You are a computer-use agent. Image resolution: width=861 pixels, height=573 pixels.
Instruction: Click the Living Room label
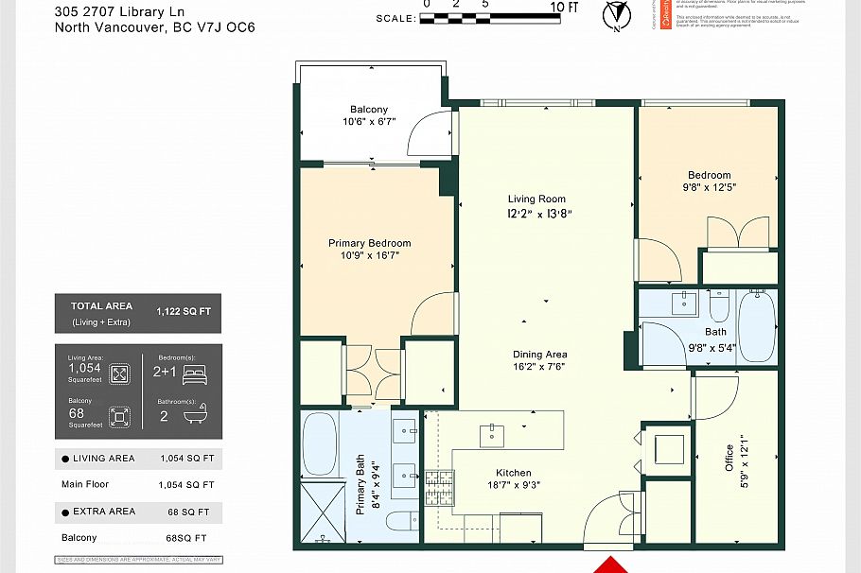(536, 199)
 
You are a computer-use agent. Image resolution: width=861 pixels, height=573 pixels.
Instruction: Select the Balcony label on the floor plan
(369, 110)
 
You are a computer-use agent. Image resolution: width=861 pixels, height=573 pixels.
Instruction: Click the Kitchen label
(514, 473)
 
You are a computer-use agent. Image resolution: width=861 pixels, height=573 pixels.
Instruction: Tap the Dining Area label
(540, 355)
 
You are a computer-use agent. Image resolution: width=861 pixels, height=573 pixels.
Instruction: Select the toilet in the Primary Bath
(401, 522)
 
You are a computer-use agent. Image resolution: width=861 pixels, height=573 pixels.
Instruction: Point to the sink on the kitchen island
(493, 435)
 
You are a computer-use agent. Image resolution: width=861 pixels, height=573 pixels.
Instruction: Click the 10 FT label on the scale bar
(564, 8)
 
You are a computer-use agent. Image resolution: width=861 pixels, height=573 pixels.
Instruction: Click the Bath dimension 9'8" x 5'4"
(712, 347)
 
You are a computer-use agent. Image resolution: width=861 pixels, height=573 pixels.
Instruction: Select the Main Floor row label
(85, 484)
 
